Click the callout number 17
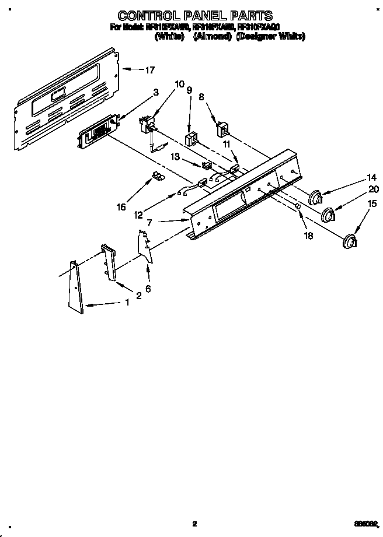point(150,70)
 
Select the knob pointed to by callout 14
point(316,198)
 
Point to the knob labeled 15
point(350,240)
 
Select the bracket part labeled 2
point(109,262)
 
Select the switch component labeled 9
point(190,139)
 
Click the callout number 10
point(179,83)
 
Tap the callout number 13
point(175,157)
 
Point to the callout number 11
point(227,143)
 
